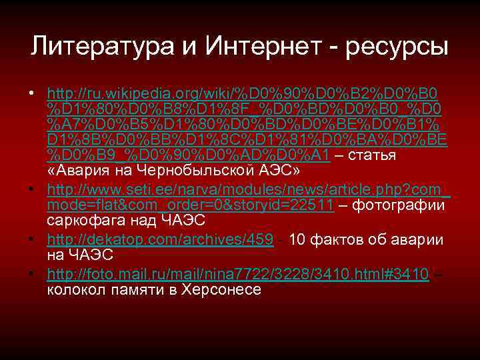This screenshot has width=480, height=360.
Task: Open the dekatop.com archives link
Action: tap(161, 241)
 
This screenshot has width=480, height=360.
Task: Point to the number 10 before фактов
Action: tap(299, 241)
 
